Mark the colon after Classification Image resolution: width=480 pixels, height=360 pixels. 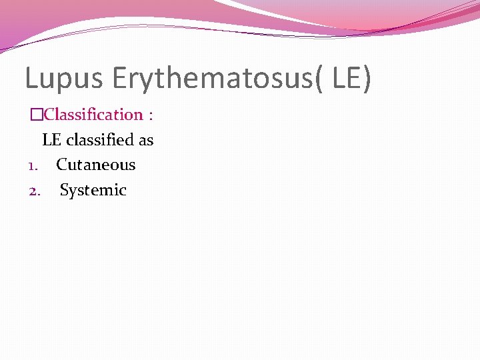(151, 115)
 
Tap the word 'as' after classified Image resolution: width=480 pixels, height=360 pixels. (146, 141)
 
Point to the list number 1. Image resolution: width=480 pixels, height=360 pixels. (33, 165)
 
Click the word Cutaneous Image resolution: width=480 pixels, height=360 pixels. (95, 165)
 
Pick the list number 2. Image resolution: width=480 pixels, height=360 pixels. (34, 191)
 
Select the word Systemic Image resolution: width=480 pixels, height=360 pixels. (93, 191)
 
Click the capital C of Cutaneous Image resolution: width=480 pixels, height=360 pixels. (61, 165)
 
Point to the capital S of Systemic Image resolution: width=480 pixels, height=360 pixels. (64, 191)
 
